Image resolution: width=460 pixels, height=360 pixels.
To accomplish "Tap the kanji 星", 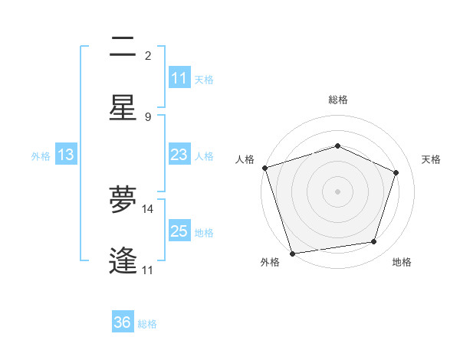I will coord(123,107).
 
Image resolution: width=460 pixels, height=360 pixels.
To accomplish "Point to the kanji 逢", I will coord(123,260).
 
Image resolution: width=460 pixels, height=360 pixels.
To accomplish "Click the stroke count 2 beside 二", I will coord(148,56).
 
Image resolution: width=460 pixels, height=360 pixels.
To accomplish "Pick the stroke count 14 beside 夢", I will coord(148,208).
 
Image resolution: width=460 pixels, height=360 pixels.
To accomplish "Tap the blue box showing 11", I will coord(179,78).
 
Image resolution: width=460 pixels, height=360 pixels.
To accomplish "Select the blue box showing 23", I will coord(179,155).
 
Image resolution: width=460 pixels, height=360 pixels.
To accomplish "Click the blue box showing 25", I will coord(179,231).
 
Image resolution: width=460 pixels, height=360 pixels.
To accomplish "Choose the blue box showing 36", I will coord(123,322).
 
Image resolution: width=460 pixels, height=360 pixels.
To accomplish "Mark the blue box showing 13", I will coord(65,155).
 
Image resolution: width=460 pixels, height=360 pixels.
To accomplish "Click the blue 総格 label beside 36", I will coord(147,324).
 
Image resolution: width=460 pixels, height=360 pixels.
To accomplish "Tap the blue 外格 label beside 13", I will coord(41,156).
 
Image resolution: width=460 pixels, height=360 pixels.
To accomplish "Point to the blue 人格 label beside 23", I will coord(204,156).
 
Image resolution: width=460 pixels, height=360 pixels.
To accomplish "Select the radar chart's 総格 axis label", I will coord(338,100).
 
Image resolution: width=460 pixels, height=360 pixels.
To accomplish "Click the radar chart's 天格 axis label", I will coord(432,159).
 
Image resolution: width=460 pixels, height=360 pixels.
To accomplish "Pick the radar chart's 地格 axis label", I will coord(402,262).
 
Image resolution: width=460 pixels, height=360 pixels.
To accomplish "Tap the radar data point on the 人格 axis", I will coord(264,168).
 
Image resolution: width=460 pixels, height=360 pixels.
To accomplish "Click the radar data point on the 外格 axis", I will coord(292,253).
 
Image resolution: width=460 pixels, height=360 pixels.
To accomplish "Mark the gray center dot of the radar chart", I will coord(338,191).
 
